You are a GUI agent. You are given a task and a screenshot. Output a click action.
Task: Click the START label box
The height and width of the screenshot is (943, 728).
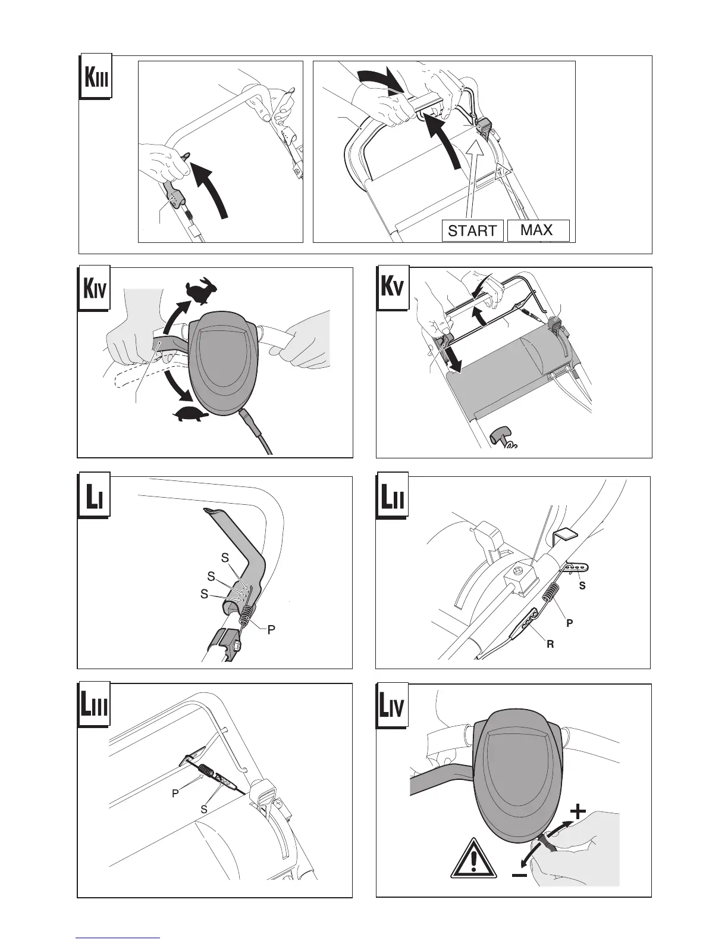tap(472, 230)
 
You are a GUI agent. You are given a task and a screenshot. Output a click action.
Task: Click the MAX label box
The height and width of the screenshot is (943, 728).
tap(537, 230)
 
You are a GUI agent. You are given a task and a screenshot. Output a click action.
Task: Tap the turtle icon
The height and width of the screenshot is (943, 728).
tap(192, 414)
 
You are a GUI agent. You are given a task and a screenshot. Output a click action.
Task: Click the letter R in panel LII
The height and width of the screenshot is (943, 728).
tap(550, 644)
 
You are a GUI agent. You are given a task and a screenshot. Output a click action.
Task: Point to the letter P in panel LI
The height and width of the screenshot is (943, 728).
tap(271, 629)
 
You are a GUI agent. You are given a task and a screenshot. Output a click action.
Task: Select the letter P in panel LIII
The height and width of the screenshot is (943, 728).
tap(175, 794)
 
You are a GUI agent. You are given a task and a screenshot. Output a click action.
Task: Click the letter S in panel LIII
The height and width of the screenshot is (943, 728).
tap(204, 809)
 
